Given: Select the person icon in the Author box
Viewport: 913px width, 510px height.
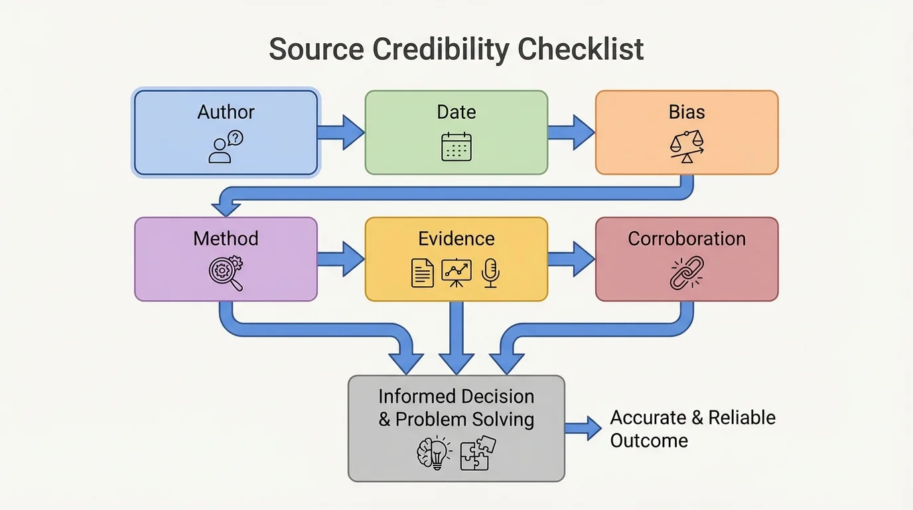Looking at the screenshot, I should coord(220,151).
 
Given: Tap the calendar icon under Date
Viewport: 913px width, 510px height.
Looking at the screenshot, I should coord(456,147).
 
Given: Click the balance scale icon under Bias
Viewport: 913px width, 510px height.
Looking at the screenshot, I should coord(687,147).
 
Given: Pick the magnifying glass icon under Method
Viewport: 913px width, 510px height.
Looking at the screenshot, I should coord(226,273).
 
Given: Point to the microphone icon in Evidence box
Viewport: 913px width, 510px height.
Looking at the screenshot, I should coord(490,273).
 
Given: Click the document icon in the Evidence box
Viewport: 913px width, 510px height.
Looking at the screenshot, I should coord(423,273).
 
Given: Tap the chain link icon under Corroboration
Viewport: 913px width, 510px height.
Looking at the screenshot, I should coord(687,273).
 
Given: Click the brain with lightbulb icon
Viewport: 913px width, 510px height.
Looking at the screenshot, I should coord(433,454).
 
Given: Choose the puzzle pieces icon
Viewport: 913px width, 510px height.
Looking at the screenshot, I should coord(478,453).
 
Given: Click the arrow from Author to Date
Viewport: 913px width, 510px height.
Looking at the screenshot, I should coord(341,132).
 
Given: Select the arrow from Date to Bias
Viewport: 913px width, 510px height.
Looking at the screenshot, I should coord(571,132).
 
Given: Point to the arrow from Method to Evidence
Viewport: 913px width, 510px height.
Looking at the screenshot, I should coord(341,259).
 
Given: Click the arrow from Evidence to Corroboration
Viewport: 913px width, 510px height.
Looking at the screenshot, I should coord(571,259).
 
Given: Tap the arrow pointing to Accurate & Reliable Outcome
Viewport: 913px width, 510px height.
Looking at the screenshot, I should coord(583,428).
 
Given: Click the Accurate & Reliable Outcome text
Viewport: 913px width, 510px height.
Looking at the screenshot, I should coord(692,429).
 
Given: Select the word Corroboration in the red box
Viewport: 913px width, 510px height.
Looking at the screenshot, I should coord(687,239).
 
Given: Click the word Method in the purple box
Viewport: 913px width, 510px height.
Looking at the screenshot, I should coord(226,239).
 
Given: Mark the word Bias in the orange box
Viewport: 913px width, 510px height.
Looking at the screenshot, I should coord(687,112).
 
